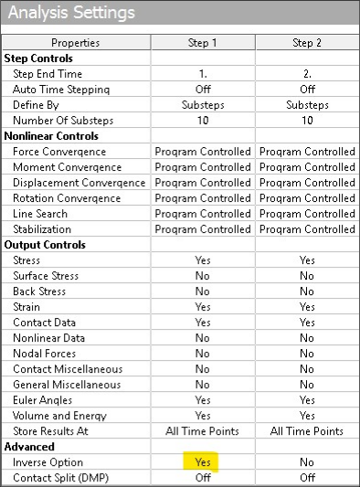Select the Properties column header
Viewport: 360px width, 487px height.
click(x=75, y=43)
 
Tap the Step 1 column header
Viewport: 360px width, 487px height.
click(x=203, y=43)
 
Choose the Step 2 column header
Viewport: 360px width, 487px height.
click(x=306, y=43)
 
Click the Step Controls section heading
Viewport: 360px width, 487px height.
click(x=41, y=58)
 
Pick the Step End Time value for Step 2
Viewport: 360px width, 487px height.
click(x=306, y=74)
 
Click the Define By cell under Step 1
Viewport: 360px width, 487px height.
click(x=203, y=105)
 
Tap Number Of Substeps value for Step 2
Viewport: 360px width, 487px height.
click(x=306, y=121)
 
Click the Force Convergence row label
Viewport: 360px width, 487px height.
click(x=59, y=152)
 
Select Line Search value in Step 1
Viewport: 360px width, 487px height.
click(x=203, y=214)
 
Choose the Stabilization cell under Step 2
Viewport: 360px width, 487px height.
click(x=306, y=229)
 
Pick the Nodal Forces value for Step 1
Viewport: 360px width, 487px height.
click(x=203, y=354)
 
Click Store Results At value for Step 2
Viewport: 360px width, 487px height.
click(x=306, y=431)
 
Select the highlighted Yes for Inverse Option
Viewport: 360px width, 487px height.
click(x=203, y=462)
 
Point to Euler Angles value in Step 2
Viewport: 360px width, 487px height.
click(x=306, y=400)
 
